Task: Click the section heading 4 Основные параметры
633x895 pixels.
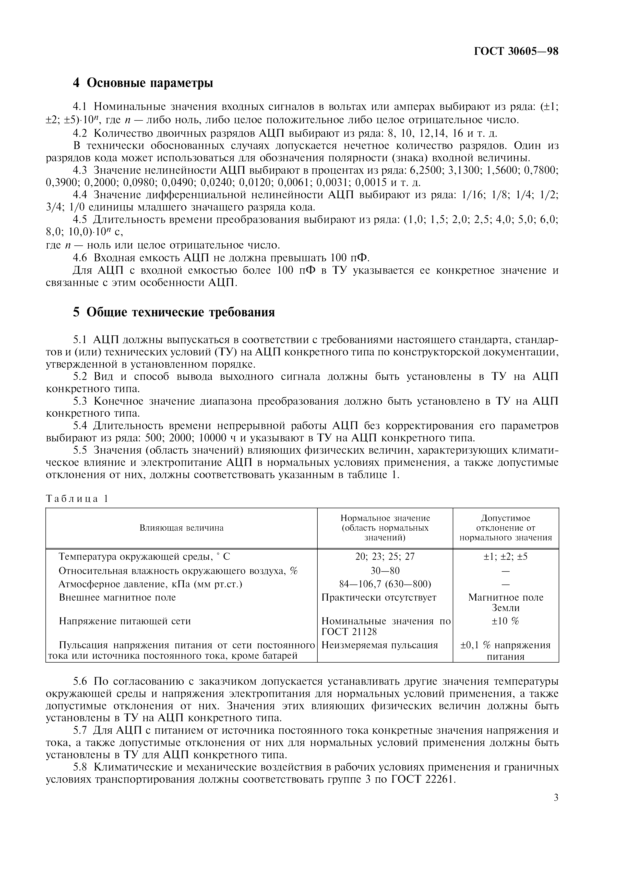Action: pos(143,83)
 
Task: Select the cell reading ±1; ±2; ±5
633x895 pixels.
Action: pos(506,556)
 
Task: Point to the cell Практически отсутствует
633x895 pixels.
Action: pos(379,597)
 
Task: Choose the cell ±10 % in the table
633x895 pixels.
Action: pos(506,621)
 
